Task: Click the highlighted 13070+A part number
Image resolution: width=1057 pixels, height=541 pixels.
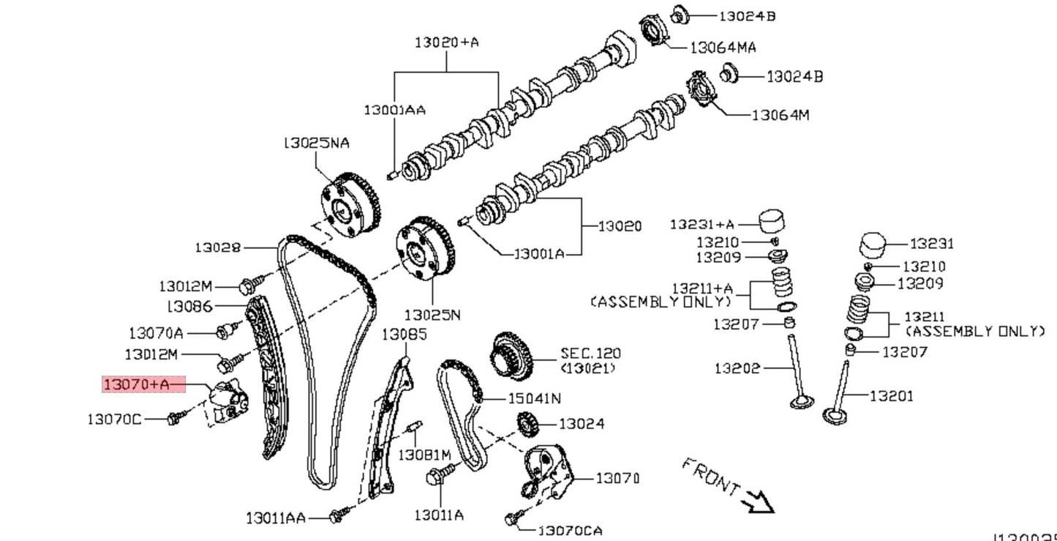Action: click(136, 384)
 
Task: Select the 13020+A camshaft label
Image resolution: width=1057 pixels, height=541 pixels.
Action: click(446, 42)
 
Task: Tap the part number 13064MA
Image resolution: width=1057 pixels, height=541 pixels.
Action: click(723, 48)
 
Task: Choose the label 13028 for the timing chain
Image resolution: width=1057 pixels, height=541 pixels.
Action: click(217, 247)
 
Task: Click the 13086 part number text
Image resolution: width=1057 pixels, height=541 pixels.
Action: click(190, 306)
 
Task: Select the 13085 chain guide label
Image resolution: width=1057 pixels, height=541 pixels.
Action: click(405, 335)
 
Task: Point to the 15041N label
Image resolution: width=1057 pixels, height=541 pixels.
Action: click(535, 398)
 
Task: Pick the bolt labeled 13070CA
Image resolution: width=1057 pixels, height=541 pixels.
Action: click(513, 519)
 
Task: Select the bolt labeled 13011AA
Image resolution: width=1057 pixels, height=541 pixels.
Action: click(336, 516)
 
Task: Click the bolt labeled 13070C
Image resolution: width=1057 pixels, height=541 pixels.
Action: click(174, 419)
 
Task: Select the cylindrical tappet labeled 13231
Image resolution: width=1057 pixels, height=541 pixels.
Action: click(872, 245)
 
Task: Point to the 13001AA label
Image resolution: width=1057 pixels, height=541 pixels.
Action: click(395, 110)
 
